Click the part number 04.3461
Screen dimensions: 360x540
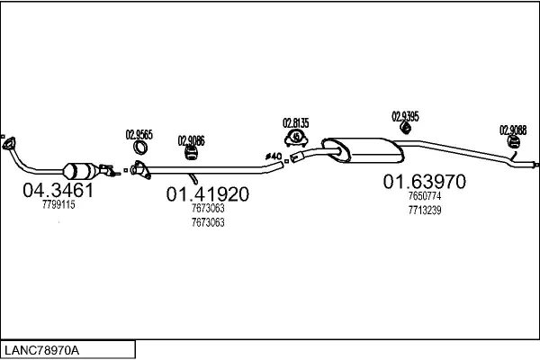[x=58, y=191]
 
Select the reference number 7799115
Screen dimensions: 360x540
[x=58, y=205]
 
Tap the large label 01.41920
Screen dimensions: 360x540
[x=207, y=193]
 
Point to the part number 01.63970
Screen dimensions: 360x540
[x=425, y=182]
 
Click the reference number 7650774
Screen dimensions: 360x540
[x=425, y=196]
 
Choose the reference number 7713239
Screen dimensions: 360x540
[x=425, y=211]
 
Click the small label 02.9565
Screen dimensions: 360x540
[x=139, y=135]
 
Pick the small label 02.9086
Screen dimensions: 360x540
[x=191, y=139]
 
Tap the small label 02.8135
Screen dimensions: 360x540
[x=295, y=122]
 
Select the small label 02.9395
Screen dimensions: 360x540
[x=406, y=115]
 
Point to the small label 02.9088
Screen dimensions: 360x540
[x=514, y=129]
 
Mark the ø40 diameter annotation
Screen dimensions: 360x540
[x=274, y=157]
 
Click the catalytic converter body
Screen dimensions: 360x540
[x=81, y=169]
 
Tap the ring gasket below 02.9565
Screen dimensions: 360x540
[x=140, y=148]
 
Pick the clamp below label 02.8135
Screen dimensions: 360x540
[x=294, y=138]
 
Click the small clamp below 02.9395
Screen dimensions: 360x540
[x=406, y=128]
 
